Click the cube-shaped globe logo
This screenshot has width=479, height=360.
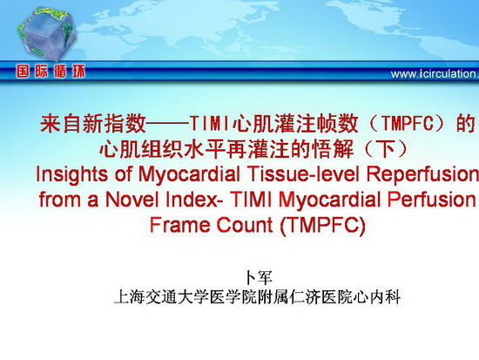(46, 34)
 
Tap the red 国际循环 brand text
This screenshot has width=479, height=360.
(51, 71)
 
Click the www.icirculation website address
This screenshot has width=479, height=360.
(435, 74)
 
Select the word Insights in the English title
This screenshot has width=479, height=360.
(71, 174)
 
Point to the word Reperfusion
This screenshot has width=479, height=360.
(422, 174)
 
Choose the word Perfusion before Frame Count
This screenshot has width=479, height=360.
(431, 200)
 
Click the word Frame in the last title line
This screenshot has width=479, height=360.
(179, 225)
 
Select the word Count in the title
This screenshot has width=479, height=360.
(245, 225)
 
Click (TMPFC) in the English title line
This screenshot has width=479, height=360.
(322, 226)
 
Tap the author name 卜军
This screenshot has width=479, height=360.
(258, 278)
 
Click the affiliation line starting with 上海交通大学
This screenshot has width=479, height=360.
(257, 297)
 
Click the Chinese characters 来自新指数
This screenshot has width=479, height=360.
(93, 124)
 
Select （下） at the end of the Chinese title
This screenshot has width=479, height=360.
(386, 149)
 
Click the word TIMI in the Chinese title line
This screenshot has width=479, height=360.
(209, 124)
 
